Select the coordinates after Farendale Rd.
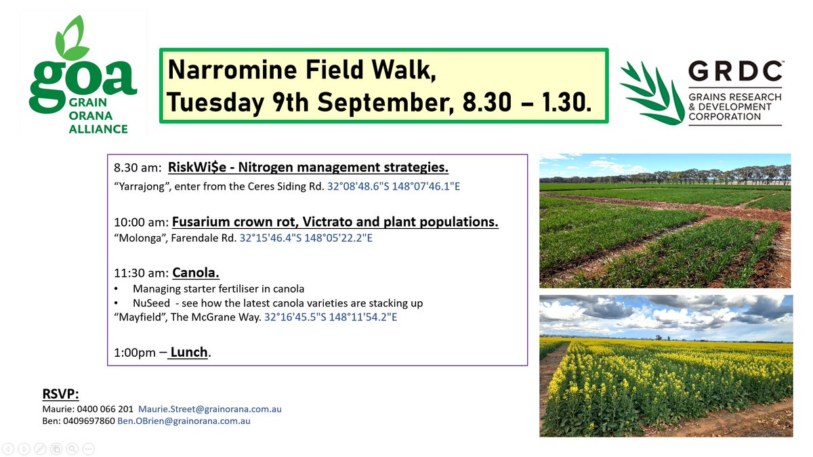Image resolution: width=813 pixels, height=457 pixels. pyautogui.click(x=306, y=240)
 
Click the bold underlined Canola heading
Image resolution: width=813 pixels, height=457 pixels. pyautogui.click(x=196, y=273)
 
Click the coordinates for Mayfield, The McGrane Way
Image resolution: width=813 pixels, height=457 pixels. pyautogui.click(x=331, y=316)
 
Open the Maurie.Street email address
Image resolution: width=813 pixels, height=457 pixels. pyautogui.click(x=209, y=409)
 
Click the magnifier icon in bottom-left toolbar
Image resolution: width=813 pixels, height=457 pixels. pyautogui.click(x=72, y=448)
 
